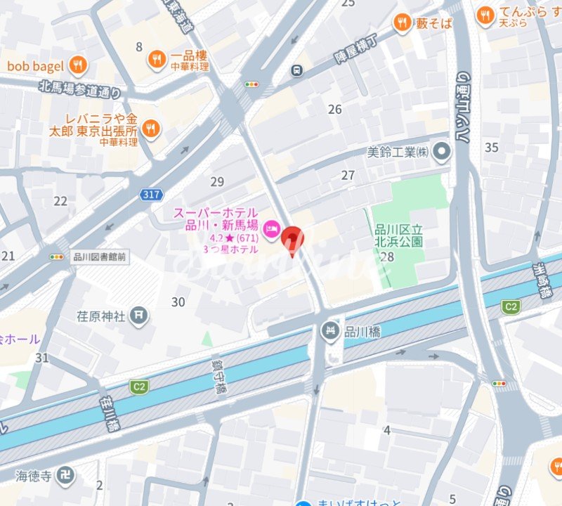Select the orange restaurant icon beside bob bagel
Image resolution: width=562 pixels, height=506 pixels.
(78, 66)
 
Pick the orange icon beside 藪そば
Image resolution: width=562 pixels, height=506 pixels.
(402, 22)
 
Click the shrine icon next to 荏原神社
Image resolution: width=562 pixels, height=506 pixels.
(140, 316)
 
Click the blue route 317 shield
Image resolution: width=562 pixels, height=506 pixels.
(150, 195)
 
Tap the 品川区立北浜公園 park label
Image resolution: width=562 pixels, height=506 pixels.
(398, 235)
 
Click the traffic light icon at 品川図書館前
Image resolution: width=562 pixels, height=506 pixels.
(57, 257)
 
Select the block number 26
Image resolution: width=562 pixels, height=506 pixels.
(335, 109)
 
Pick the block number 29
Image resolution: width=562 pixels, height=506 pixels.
(217, 182)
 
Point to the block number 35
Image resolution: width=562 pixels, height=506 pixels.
(492, 147)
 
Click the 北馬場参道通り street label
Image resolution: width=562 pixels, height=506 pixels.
(80, 89)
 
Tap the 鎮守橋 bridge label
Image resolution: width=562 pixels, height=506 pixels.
(220, 378)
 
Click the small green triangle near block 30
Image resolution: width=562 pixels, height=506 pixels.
(207, 339)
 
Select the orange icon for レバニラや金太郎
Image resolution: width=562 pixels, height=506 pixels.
(150, 129)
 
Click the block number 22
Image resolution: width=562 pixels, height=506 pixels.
(60, 201)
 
